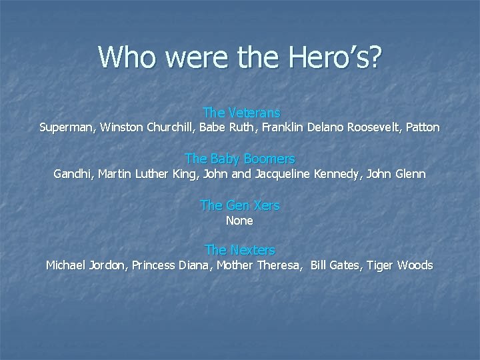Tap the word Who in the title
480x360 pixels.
click(128, 57)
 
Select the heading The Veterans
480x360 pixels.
click(241, 113)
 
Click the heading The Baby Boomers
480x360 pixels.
click(239, 159)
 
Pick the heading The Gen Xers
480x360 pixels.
click(239, 205)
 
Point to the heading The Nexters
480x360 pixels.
click(239, 250)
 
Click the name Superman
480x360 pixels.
click(67, 127)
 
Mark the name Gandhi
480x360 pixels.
click(73, 174)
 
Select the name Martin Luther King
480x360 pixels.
click(147, 174)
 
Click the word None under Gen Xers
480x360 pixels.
click(239, 220)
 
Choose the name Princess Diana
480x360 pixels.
click(173, 265)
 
